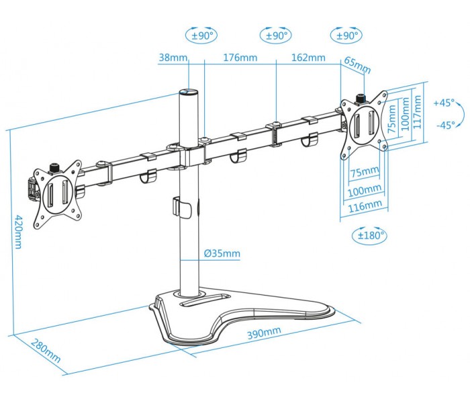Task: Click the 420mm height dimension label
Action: tap(18, 232)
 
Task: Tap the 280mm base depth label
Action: tap(46, 351)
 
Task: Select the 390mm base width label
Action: tap(264, 332)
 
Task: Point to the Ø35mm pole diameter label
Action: tap(222, 254)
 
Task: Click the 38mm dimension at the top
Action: tap(173, 57)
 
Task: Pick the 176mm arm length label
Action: tap(240, 57)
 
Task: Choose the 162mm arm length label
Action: tap(308, 57)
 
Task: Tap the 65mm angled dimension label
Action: tap(357, 65)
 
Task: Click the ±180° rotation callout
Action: tap(369, 235)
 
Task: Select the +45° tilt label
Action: tap(444, 103)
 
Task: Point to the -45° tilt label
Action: tap(446, 125)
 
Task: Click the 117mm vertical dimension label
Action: tap(418, 112)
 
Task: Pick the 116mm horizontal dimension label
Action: tap(365, 206)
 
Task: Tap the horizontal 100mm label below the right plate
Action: tap(365, 190)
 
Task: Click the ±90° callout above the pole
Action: tap(201, 36)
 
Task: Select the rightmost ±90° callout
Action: tap(346, 36)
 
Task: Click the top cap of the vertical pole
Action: tap(189, 91)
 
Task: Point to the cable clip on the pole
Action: tap(181, 208)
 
